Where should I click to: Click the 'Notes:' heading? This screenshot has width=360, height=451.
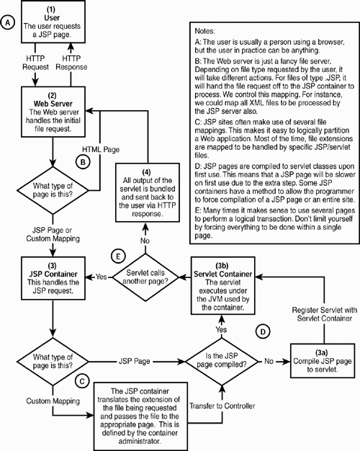click(209, 32)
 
